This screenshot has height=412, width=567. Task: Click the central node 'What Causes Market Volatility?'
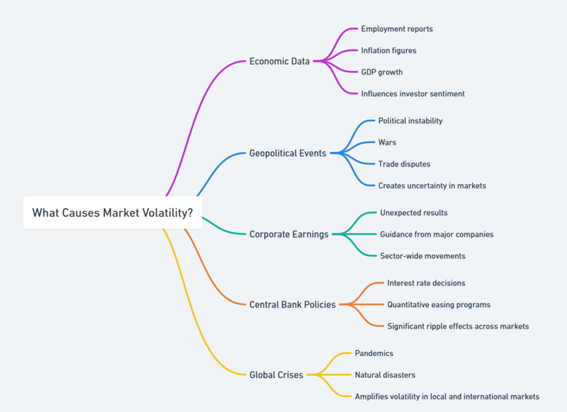tap(113, 212)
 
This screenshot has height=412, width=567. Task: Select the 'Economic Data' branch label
tap(279, 61)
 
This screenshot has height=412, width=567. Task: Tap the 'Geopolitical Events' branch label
tap(288, 153)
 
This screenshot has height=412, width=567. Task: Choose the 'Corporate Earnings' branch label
tap(288, 234)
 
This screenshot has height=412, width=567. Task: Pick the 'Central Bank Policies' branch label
tap(292, 304)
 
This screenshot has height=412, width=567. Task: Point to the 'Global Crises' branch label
tap(276, 374)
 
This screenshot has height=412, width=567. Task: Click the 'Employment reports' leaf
tap(397, 29)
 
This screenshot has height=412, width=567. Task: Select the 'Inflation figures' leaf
tap(388, 50)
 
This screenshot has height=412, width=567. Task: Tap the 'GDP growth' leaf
tap(382, 72)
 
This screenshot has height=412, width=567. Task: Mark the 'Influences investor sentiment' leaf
tap(412, 94)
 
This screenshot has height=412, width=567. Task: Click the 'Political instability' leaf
tap(410, 121)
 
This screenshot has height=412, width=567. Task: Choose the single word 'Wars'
tap(387, 143)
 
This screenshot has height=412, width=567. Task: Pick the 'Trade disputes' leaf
tap(404, 164)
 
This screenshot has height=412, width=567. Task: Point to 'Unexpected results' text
tap(414, 213)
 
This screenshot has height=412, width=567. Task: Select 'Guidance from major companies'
tap(437, 234)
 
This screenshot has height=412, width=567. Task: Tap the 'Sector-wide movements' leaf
tap(422, 255)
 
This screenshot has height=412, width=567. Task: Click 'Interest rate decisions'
tap(426, 283)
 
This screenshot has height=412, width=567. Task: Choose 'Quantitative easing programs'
tap(439, 304)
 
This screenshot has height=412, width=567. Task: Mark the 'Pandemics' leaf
tap(374, 353)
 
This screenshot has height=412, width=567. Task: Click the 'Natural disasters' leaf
tap(385, 374)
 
